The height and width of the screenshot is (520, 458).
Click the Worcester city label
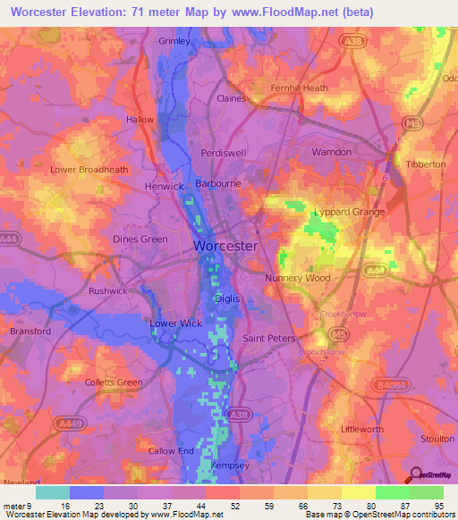225,245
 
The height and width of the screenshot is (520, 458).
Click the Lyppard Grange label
349,212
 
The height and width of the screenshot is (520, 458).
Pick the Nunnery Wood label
298,278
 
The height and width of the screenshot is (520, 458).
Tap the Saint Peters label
269,339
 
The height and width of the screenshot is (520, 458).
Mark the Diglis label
226,299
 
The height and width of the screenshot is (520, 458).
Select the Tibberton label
424,165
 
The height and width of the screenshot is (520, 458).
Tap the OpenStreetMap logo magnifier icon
416,476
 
